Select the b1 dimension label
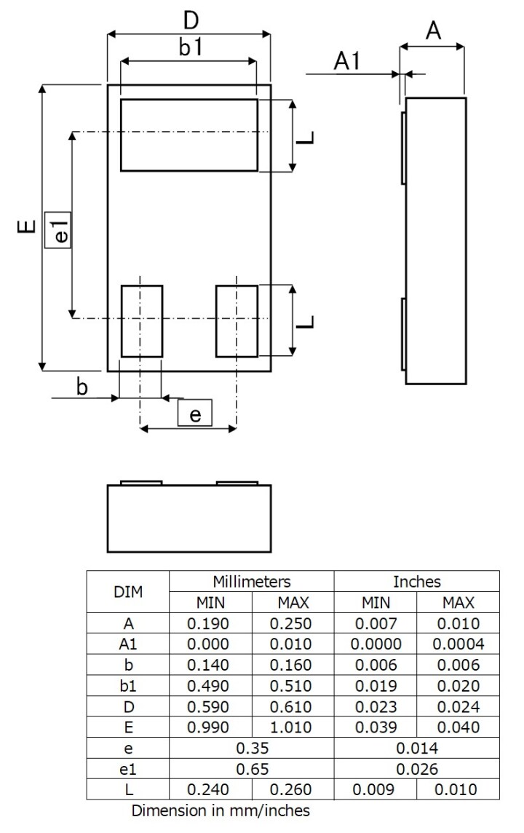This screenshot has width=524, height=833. (x=190, y=48)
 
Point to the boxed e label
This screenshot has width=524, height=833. (x=194, y=414)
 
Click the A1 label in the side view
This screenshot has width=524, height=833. (x=348, y=62)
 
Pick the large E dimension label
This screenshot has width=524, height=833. (x=26, y=228)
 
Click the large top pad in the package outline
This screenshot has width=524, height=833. (x=189, y=135)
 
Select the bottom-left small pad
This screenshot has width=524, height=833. (x=141, y=321)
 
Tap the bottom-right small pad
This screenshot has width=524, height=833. (x=237, y=321)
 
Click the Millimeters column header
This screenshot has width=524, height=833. (x=252, y=582)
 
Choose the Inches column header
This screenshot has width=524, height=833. (x=417, y=582)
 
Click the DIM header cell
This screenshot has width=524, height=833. (x=128, y=592)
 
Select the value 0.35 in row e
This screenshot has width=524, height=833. (x=252, y=748)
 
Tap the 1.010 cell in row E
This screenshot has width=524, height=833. (x=293, y=727)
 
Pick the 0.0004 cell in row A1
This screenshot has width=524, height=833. (x=458, y=644)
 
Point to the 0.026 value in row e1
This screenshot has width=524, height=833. (x=417, y=769)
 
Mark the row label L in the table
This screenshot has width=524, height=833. (x=128, y=789)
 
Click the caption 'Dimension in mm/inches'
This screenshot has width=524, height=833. (x=221, y=810)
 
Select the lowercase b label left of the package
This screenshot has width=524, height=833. (x=82, y=387)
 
